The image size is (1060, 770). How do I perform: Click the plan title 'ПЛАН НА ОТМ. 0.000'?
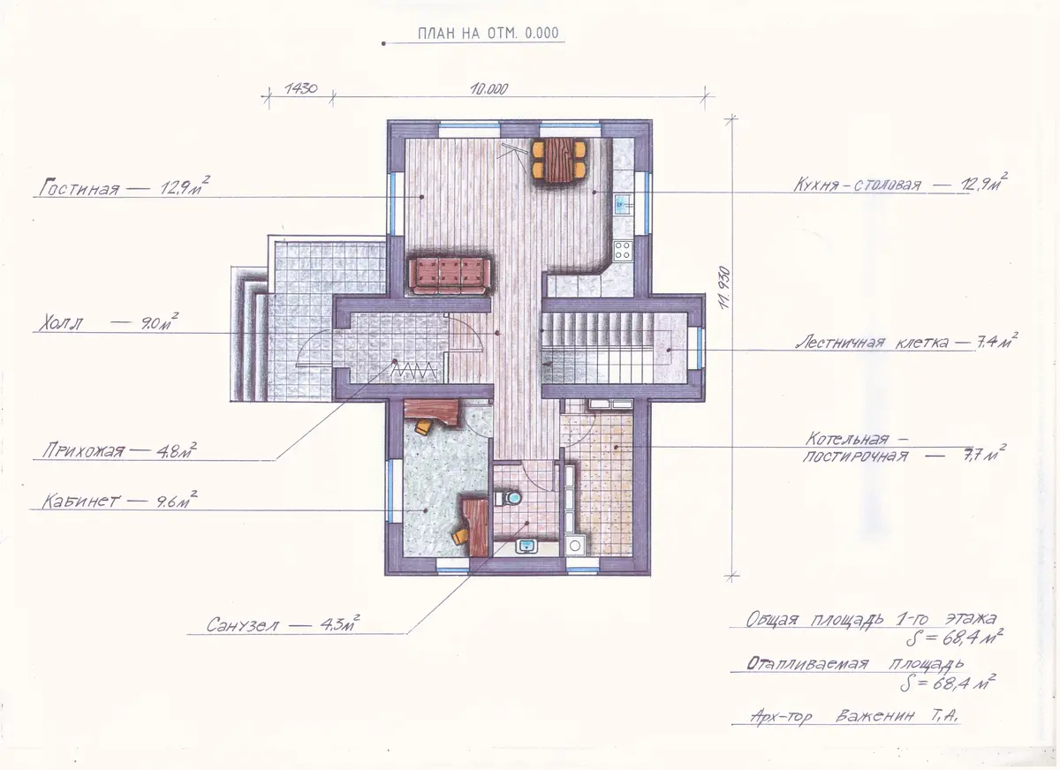click(x=488, y=33)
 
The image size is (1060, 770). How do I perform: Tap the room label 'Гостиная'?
click(x=79, y=188)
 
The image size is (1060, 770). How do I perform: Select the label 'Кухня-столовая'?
click(x=857, y=185)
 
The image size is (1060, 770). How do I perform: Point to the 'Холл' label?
click(x=60, y=323)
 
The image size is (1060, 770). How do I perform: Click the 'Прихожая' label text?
click(x=83, y=450)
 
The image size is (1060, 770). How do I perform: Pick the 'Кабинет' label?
click(x=80, y=501)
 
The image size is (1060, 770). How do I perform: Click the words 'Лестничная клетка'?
click(x=872, y=343)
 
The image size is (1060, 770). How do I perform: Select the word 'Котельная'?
click(x=846, y=439)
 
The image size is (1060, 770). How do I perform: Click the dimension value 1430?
click(x=300, y=88)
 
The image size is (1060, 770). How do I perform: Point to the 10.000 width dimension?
click(x=488, y=88)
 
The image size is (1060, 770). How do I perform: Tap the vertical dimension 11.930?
click(x=724, y=288)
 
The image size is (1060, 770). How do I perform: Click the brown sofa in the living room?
click(x=450, y=276)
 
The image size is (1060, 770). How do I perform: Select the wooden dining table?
click(x=558, y=161)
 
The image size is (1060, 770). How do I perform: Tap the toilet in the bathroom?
click(x=508, y=497)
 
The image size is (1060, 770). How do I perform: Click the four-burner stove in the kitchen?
click(x=623, y=250)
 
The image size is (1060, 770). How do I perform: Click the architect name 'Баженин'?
click(x=874, y=715)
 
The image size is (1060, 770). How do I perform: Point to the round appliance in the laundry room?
click(x=575, y=546)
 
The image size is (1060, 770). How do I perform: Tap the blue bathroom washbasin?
click(x=526, y=547)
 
